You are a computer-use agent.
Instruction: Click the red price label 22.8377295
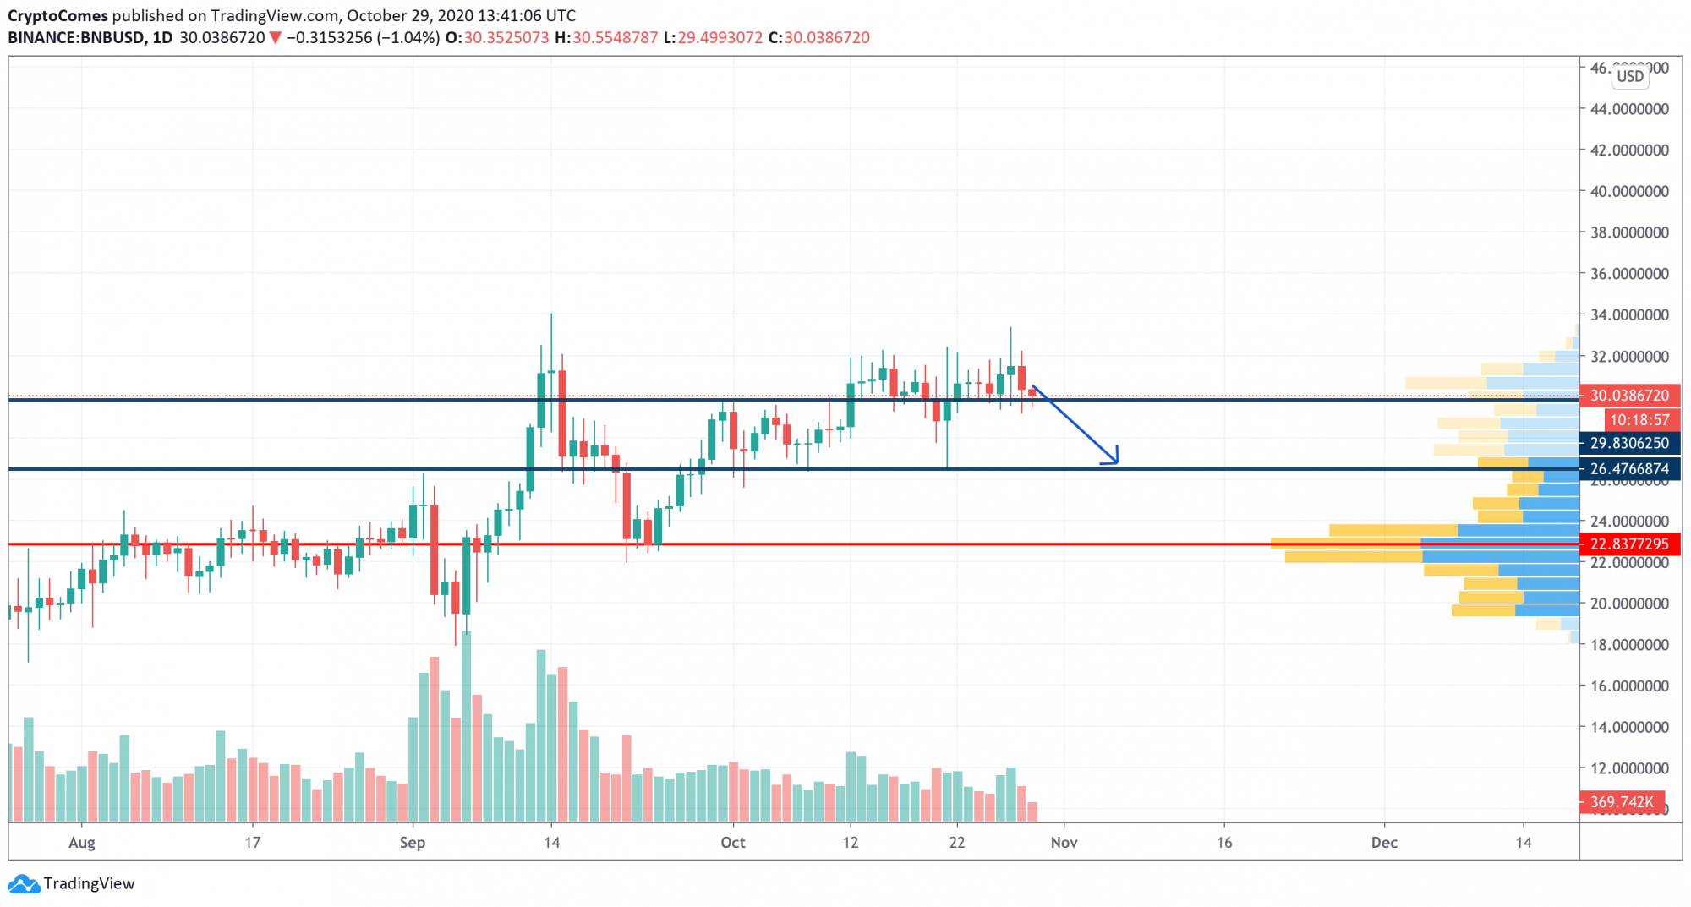pos(1629,544)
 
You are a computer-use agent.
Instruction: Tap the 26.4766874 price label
pos(1629,468)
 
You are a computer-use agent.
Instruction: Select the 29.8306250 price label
pos(1629,443)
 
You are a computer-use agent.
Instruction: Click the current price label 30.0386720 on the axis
pos(1629,396)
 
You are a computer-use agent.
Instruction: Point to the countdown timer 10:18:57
pos(1639,420)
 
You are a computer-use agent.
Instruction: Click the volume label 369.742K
pos(1622,801)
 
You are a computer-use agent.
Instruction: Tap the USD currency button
pos(1630,76)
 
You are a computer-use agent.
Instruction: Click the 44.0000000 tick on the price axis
pos(1629,109)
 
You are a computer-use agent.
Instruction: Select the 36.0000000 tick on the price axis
pos(1629,274)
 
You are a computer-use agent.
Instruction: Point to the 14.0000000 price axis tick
pos(1629,727)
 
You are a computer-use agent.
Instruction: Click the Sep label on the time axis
pos(413,843)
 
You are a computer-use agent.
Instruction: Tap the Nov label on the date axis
pos(1064,843)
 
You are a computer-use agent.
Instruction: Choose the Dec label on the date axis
pos(1384,843)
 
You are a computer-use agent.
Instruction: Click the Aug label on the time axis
pos(82,843)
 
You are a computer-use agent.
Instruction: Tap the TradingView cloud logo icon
pos(24,884)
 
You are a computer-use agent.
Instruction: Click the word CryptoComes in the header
pos(57,15)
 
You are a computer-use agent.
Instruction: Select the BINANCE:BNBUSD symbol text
pos(76,38)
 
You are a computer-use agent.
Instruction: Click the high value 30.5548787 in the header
pos(615,38)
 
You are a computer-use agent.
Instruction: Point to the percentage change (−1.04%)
pos(408,38)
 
